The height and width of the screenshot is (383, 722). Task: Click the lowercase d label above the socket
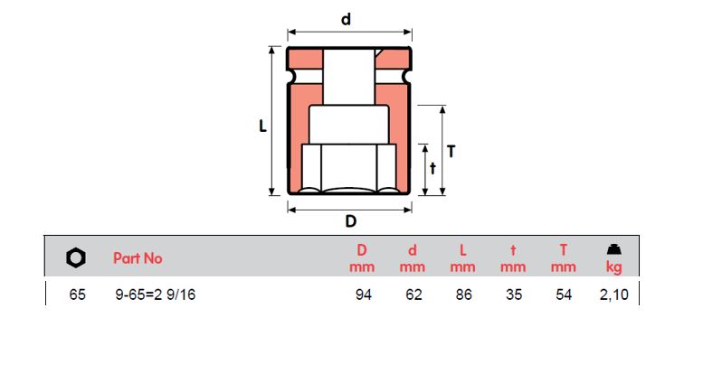(x=347, y=18)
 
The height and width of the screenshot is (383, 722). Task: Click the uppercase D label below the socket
(x=350, y=222)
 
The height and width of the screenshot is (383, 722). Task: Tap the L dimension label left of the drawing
(x=262, y=127)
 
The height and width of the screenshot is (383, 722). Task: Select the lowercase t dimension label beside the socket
(x=432, y=168)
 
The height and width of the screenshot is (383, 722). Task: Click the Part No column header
(x=138, y=258)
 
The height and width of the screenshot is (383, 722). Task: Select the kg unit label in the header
(x=613, y=267)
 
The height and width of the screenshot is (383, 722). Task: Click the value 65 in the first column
(x=77, y=294)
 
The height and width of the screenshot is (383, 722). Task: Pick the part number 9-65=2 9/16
(x=154, y=294)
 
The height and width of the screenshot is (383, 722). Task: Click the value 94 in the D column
(x=362, y=294)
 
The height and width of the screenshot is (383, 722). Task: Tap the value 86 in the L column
(x=463, y=294)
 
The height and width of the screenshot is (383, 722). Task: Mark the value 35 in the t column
(x=514, y=294)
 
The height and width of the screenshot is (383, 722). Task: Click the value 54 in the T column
(x=564, y=294)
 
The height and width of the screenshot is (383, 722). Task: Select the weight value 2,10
(x=613, y=294)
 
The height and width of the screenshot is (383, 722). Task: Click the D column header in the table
(x=362, y=250)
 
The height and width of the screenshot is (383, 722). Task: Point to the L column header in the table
(x=463, y=250)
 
